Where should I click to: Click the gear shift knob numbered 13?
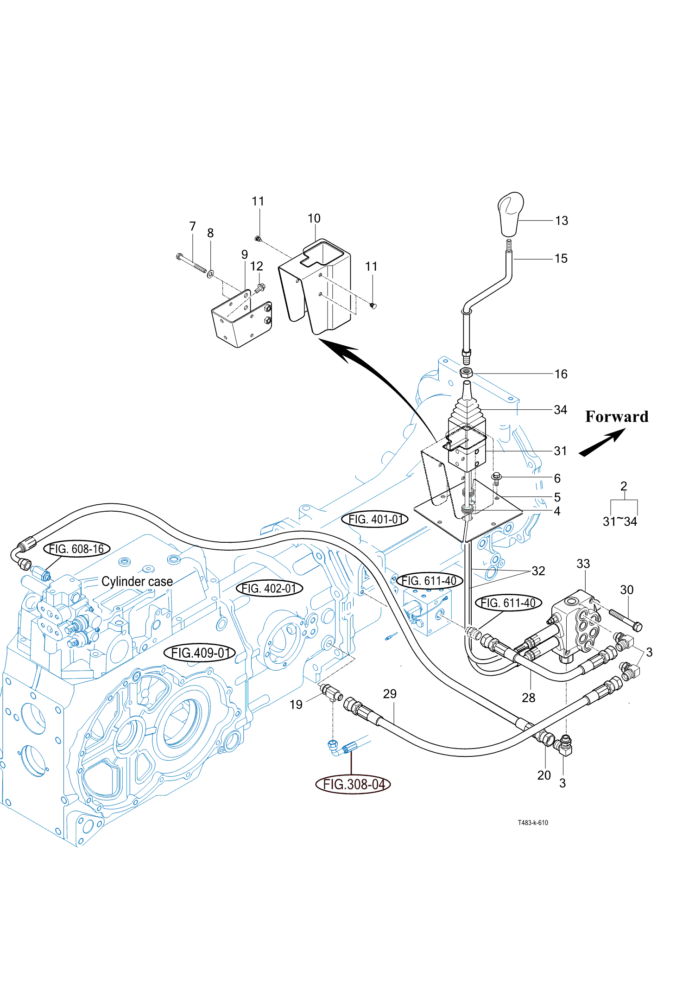pyautogui.click(x=511, y=214)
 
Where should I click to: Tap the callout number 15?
pyautogui.click(x=561, y=259)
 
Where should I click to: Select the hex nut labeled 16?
pyautogui.click(x=466, y=372)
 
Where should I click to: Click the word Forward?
pyautogui.click(x=617, y=416)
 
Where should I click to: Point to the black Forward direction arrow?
pyautogui.click(x=602, y=442)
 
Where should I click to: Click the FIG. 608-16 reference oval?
pyautogui.click(x=77, y=549)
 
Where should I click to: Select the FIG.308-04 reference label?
pyautogui.click(x=353, y=784)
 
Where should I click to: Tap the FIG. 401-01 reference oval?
pyautogui.click(x=375, y=519)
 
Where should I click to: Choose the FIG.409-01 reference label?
pyautogui.click(x=200, y=653)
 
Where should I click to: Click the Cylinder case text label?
pyautogui.click(x=137, y=582)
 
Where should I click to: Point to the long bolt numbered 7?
pyautogui.click(x=192, y=263)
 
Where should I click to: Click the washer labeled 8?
pyautogui.click(x=210, y=274)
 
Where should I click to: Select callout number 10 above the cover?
pyautogui.click(x=314, y=218)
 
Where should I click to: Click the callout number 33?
pyautogui.click(x=583, y=564)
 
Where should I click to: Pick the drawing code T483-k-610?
pyautogui.click(x=533, y=823)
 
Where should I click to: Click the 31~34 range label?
pyautogui.click(x=620, y=521)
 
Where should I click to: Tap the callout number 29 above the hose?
pyautogui.click(x=390, y=694)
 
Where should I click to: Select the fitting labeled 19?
pyautogui.click(x=331, y=694)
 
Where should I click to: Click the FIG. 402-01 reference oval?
pyautogui.click(x=270, y=589)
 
